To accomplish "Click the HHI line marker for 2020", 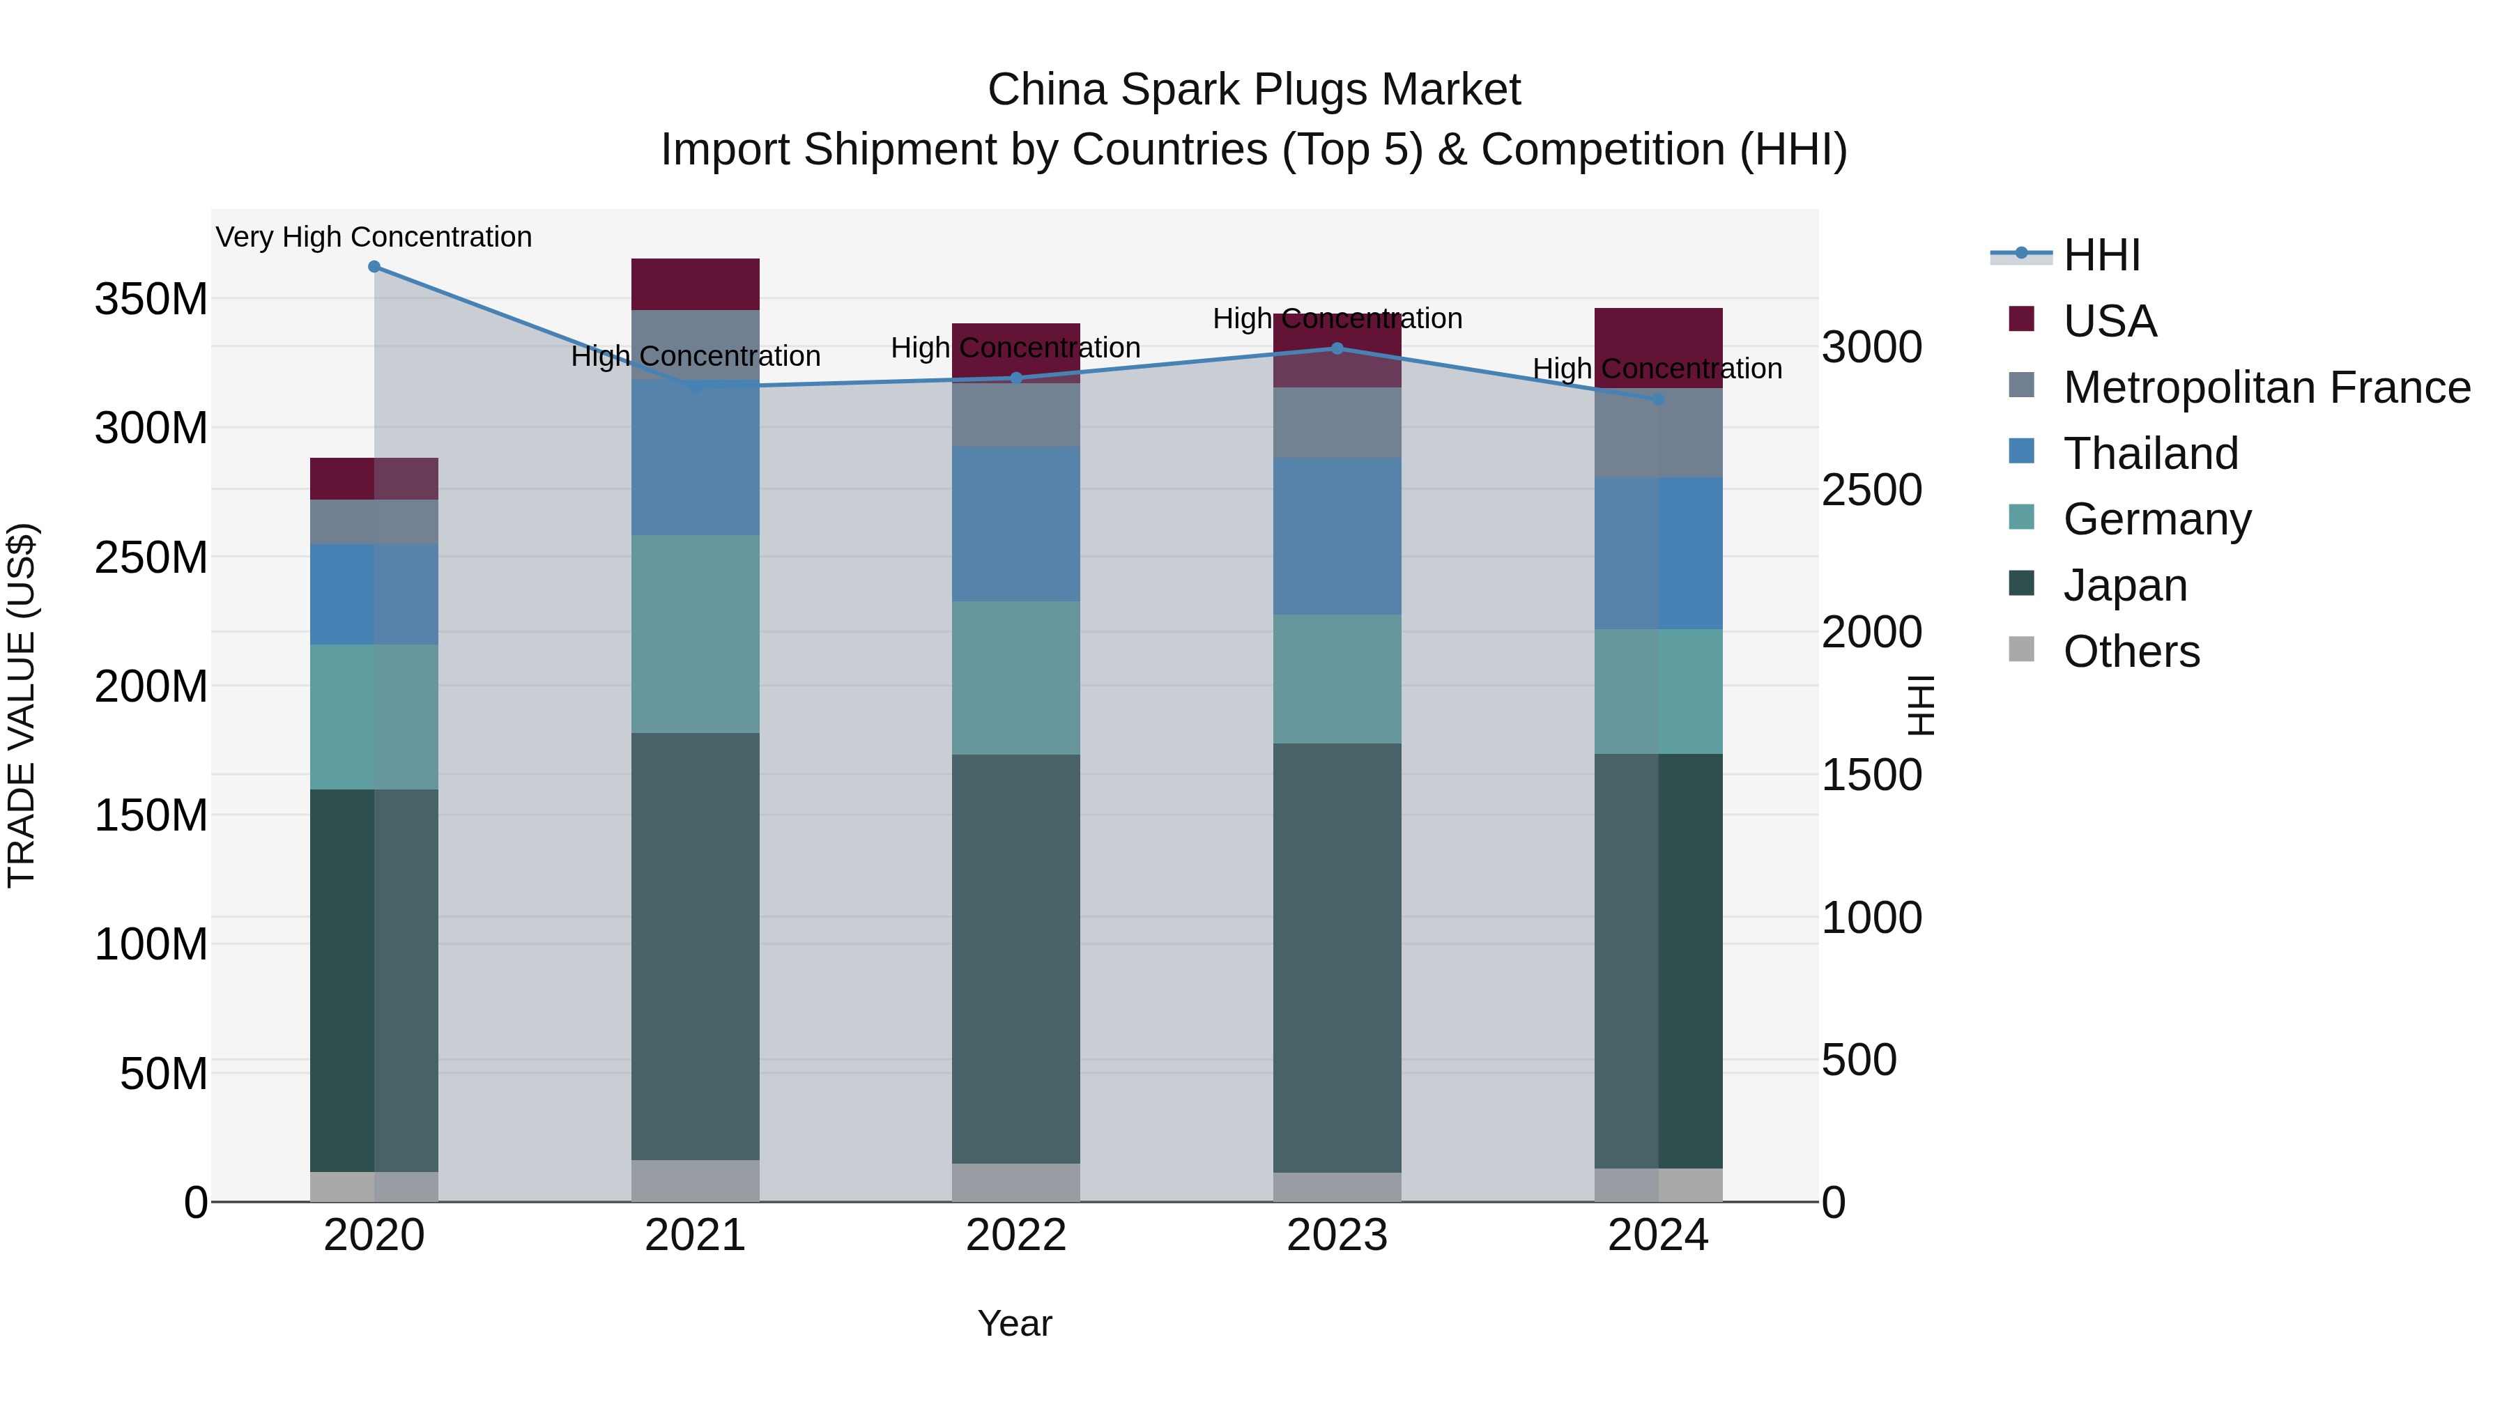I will [x=374, y=266].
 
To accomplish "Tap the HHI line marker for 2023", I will [x=1337, y=348].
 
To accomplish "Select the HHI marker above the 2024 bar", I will [x=1659, y=399].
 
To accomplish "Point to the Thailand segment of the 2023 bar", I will [x=1337, y=536].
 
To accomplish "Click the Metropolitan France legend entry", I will [x=2266, y=387].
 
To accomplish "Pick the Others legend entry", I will [x=2131, y=651].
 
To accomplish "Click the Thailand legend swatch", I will [x=2021, y=452].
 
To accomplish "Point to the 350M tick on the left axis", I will [x=151, y=299].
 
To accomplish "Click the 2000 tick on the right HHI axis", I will [x=1871, y=632].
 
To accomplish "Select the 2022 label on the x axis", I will [x=1016, y=1235].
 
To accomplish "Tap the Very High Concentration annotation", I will [x=374, y=237].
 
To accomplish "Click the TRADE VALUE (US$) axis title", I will [x=22, y=705].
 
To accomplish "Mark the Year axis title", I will [x=1015, y=1323].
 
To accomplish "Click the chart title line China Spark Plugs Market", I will [x=1254, y=90].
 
